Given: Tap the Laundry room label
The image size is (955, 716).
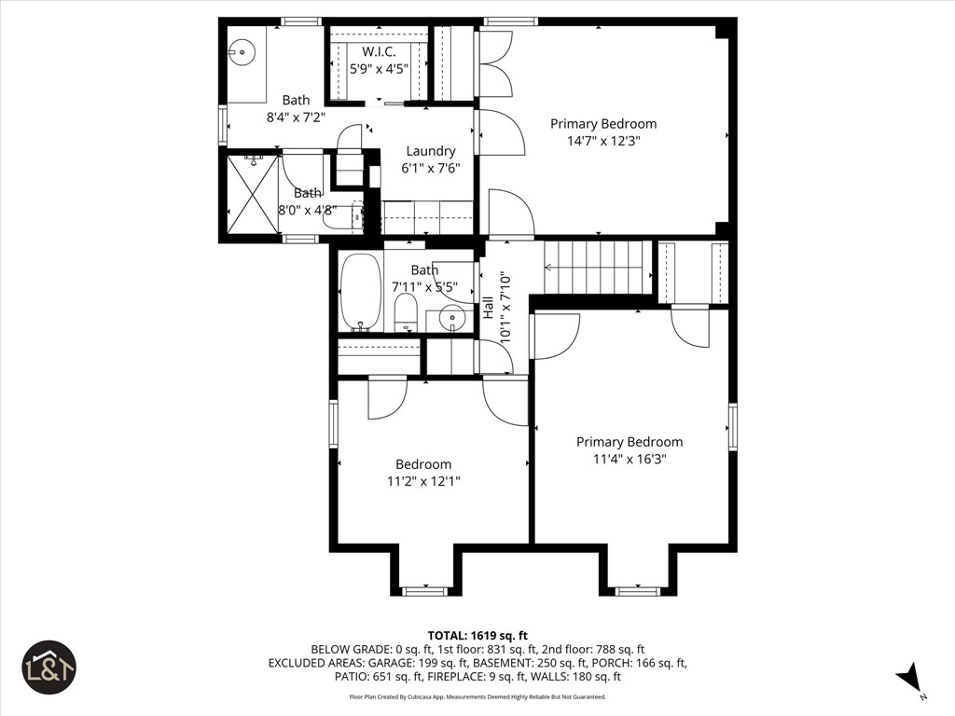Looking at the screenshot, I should [x=430, y=151].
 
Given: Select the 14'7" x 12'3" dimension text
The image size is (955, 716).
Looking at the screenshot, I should [x=603, y=141].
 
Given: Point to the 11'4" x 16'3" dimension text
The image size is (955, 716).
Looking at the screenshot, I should [x=629, y=459].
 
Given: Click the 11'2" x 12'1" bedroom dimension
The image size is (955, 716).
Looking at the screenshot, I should [x=423, y=481].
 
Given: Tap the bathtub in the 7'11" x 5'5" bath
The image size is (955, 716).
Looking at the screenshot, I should [x=360, y=292].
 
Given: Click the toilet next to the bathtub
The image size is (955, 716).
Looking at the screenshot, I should [x=406, y=313].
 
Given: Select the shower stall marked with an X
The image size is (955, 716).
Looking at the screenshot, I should [x=252, y=194].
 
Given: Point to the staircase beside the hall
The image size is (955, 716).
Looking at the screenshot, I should [x=597, y=267].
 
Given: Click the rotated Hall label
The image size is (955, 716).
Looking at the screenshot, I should [x=488, y=308].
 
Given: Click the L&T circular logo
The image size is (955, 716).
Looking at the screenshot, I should [x=49, y=668].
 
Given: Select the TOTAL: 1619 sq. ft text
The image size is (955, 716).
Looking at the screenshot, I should [x=477, y=635].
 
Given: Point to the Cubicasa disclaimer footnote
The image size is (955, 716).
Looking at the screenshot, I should [x=477, y=696].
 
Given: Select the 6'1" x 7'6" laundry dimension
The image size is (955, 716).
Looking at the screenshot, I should [x=430, y=168].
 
